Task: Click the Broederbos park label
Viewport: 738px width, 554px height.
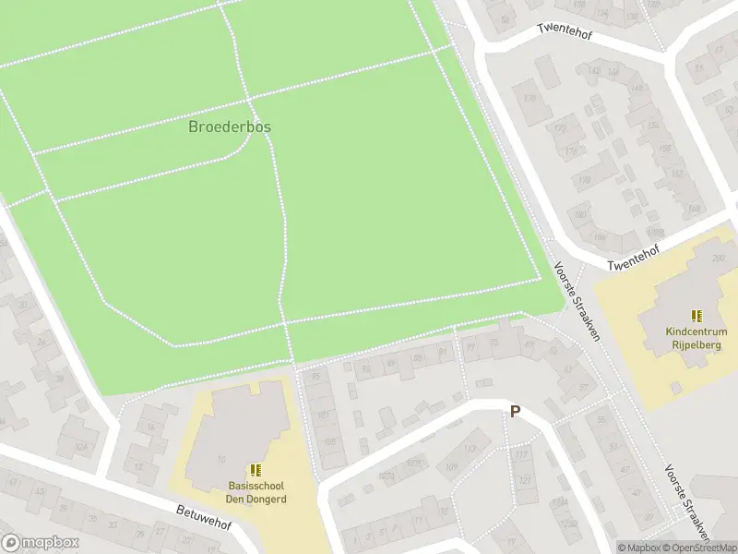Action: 230,126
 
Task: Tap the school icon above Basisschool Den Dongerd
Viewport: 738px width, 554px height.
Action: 256,471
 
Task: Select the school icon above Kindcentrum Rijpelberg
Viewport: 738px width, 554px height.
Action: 696,316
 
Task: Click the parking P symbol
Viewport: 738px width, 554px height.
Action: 515,412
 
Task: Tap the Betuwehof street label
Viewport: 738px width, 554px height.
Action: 203,518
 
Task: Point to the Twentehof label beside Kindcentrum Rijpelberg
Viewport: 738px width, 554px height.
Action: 637,259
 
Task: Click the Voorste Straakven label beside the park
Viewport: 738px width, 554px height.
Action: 577,301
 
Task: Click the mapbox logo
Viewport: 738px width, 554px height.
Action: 41,543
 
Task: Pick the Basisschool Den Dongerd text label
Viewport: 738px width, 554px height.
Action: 257,493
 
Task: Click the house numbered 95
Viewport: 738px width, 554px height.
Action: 316,377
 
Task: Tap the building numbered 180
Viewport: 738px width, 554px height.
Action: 580,215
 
